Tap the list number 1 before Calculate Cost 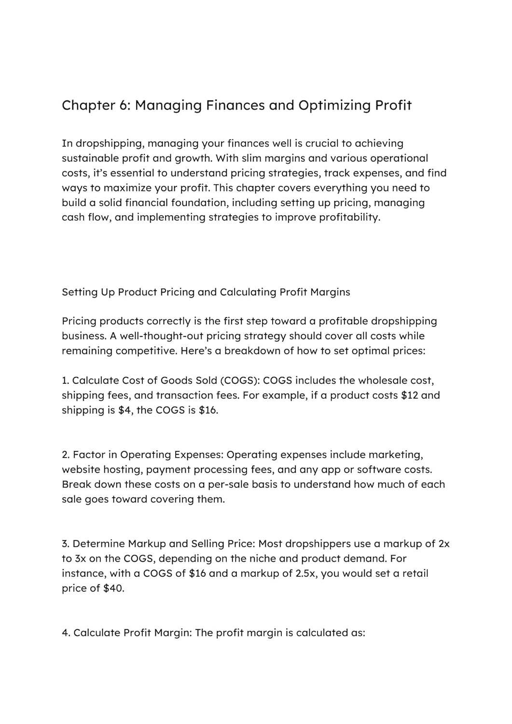click(x=64, y=380)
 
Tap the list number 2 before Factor click(x=65, y=455)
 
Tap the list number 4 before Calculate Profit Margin click(x=65, y=633)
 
